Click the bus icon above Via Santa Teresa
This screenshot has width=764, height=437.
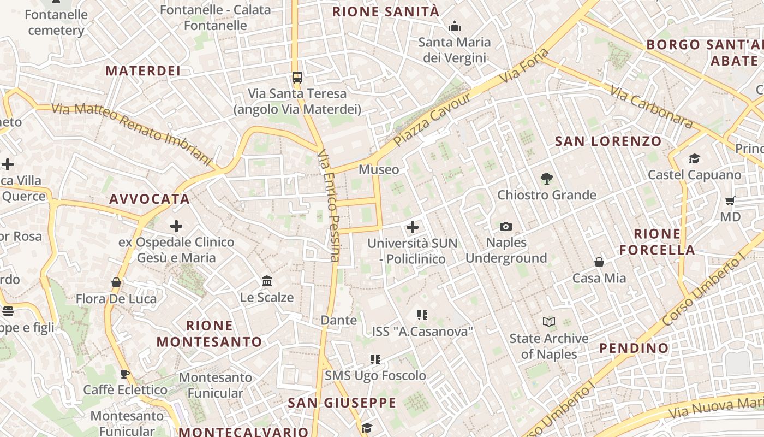point(297,78)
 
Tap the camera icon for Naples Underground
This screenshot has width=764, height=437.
point(506,226)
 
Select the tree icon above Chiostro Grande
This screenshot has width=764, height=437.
point(546,179)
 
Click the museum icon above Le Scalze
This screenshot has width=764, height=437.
point(267,281)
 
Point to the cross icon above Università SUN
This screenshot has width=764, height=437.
point(413,227)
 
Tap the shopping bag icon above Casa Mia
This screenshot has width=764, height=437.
point(599,262)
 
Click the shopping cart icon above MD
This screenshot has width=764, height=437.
point(730,200)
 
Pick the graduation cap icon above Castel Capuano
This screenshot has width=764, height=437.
point(694,158)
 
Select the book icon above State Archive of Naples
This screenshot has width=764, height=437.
point(549,322)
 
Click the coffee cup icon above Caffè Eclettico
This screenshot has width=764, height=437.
point(125,374)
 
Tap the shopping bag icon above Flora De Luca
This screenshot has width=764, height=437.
point(116,282)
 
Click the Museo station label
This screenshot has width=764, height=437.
point(379,169)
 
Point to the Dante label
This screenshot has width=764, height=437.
point(338,320)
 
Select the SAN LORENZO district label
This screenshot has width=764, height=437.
point(608,141)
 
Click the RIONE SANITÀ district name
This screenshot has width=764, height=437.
point(385,11)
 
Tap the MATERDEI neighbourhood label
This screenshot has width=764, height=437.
point(143,70)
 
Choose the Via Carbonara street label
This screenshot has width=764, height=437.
point(652,108)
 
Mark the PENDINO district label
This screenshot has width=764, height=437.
point(634,348)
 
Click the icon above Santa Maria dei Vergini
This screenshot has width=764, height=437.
point(454,26)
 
